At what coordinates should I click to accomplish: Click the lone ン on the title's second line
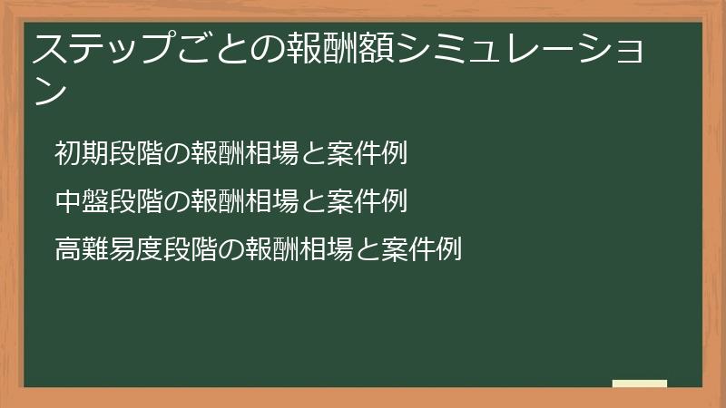click(x=50, y=92)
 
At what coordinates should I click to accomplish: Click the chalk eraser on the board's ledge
click(x=640, y=384)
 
